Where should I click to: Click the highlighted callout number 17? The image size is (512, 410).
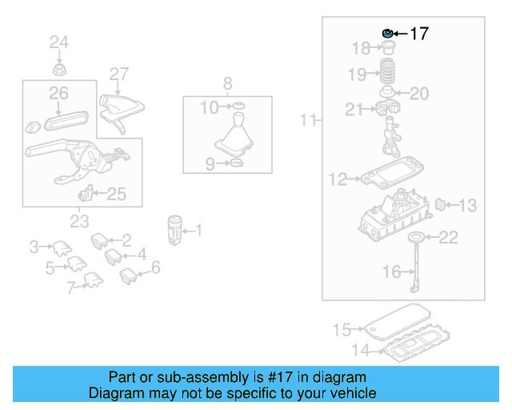pyautogui.click(x=419, y=34)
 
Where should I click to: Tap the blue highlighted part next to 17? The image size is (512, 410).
pyautogui.click(x=387, y=33)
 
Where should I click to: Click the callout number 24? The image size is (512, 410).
pyautogui.click(x=60, y=42)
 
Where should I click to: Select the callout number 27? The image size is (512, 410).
pyautogui.click(x=119, y=74)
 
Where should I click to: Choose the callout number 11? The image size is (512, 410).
pyautogui.click(x=309, y=121)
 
